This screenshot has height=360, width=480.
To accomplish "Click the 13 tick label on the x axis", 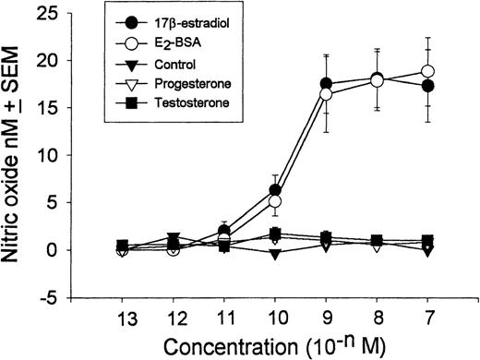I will tap(123, 316).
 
